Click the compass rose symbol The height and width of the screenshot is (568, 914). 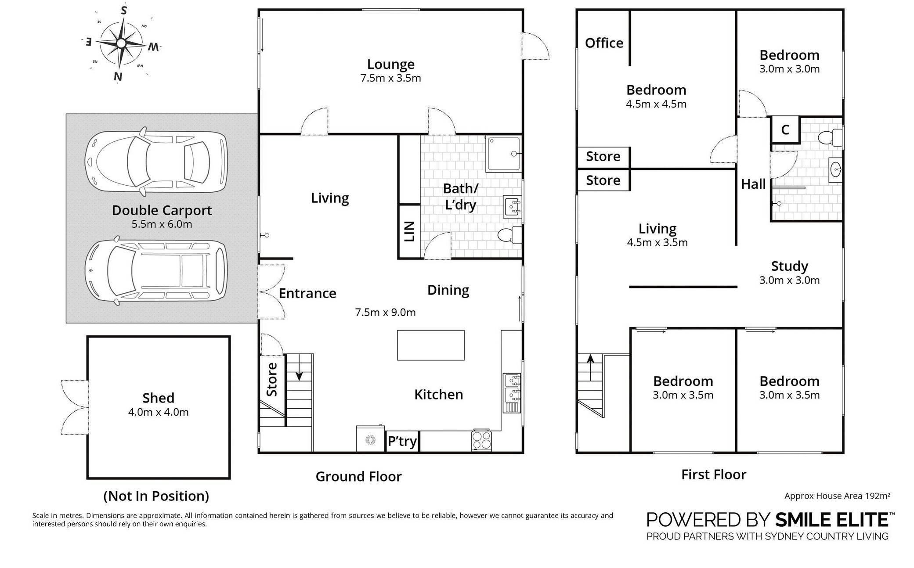click(x=121, y=43)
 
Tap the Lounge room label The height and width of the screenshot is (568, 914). click(x=390, y=64)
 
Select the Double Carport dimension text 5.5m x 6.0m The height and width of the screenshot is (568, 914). click(x=162, y=224)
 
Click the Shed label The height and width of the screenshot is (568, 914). click(x=158, y=398)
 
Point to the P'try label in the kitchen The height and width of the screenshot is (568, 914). click(x=402, y=441)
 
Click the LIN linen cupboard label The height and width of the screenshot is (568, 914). click(x=409, y=231)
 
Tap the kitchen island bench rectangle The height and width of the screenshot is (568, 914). click(x=430, y=345)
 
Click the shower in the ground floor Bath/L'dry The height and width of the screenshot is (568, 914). click(x=503, y=154)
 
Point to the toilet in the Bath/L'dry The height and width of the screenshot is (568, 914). click(x=510, y=235)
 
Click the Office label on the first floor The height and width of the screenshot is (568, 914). click(x=604, y=43)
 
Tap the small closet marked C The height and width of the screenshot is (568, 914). click(x=785, y=129)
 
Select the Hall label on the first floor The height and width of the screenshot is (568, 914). click(x=753, y=184)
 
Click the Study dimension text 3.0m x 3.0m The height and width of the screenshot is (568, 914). click(x=789, y=280)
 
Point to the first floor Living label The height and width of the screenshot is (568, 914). click(x=657, y=228)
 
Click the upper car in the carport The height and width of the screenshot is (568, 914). click(x=156, y=162)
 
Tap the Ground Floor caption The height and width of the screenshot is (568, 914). click(x=358, y=476)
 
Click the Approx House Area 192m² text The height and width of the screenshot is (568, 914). click(x=837, y=496)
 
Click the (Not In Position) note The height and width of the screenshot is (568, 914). click(x=156, y=496)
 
